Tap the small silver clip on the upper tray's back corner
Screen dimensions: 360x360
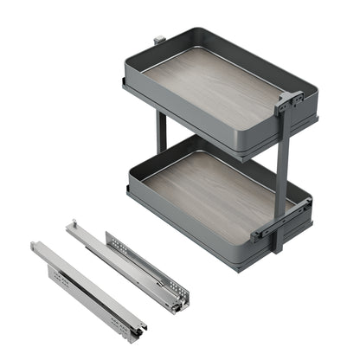158,41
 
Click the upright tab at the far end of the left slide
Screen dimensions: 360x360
34,247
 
